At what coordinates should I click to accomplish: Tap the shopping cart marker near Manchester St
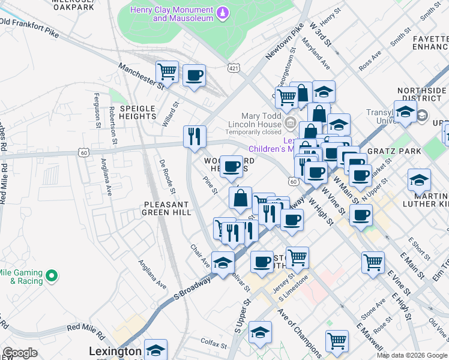[x=167, y=72]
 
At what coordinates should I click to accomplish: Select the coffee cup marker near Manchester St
[x=194, y=76]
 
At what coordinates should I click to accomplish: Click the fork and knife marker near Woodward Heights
[x=194, y=137]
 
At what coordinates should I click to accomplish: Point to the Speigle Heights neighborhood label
[x=137, y=112]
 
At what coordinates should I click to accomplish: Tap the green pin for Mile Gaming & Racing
[x=52, y=276]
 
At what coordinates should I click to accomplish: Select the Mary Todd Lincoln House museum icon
[x=291, y=124]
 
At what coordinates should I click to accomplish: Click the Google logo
[x=20, y=353]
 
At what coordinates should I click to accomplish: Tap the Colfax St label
[x=212, y=343]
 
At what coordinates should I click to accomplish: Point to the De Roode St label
[x=166, y=177]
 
